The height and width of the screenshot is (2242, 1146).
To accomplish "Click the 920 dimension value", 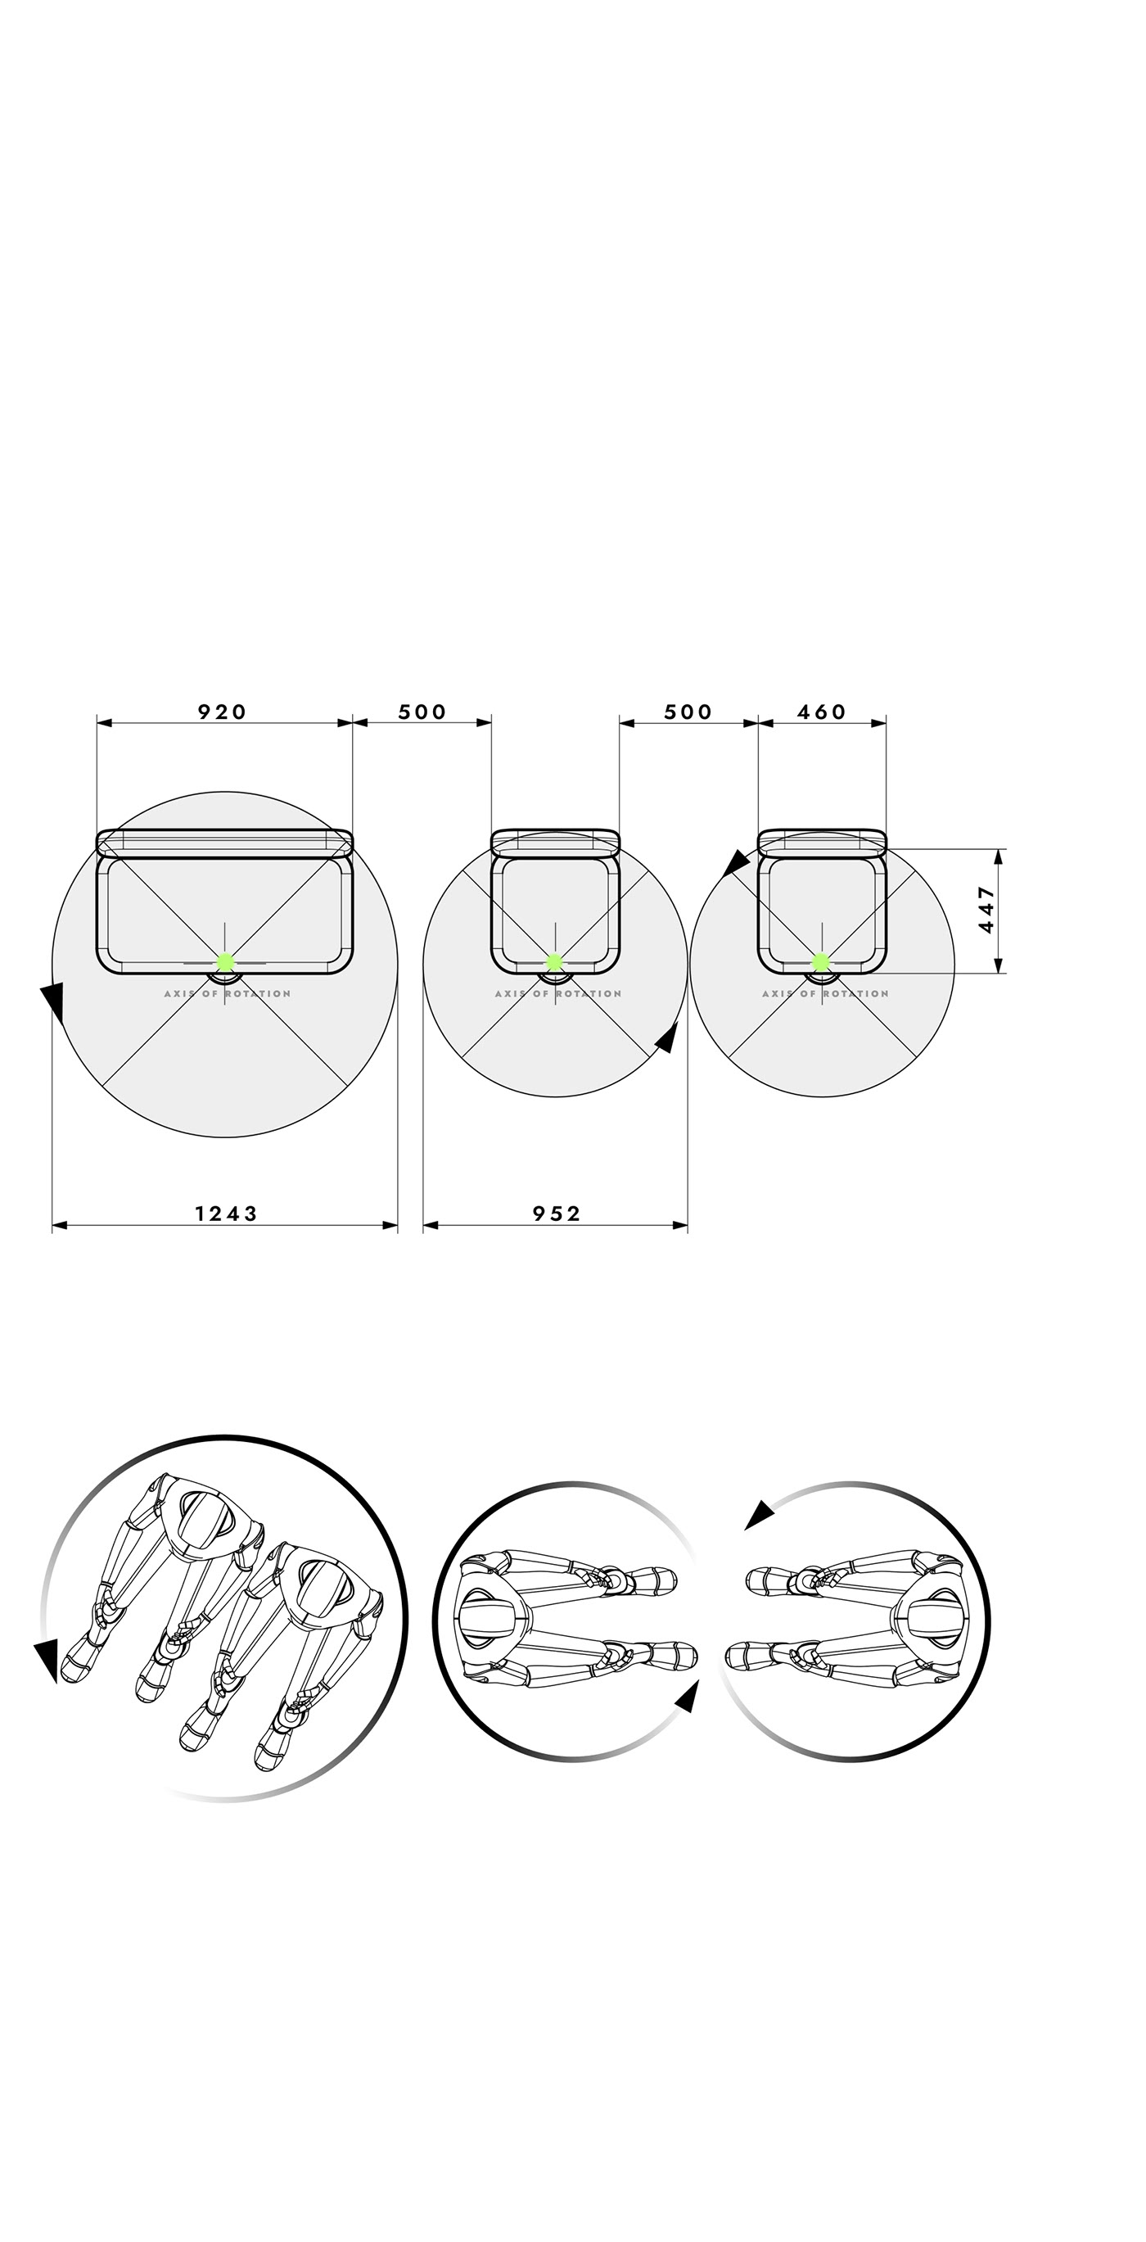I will point(222,712).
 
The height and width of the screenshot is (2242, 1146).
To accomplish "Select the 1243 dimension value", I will point(225,1214).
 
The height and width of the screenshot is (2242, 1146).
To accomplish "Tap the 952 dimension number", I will point(556,1214).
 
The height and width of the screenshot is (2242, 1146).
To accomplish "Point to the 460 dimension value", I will point(821,712).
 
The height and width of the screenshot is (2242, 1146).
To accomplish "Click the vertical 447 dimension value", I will point(986,910).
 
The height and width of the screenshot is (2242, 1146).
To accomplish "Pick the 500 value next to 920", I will point(422,712).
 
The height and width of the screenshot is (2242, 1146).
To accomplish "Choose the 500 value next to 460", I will point(688,712).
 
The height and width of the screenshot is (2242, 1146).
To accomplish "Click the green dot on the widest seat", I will point(225,961).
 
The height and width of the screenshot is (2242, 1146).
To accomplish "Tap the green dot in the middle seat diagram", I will point(554,961).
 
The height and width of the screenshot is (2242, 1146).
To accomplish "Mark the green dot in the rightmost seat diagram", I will point(820,961).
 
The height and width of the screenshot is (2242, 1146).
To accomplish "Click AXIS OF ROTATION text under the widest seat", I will point(227,993).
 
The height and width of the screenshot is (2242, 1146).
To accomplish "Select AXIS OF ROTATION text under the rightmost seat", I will point(825,993).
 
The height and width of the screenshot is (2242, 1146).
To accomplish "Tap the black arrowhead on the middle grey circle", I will point(667,1038).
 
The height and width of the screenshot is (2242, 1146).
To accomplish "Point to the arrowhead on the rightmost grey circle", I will point(736,862).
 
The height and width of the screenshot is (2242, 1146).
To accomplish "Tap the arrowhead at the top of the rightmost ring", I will point(760,1515).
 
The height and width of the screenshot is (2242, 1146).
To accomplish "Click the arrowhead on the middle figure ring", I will point(688,1697).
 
